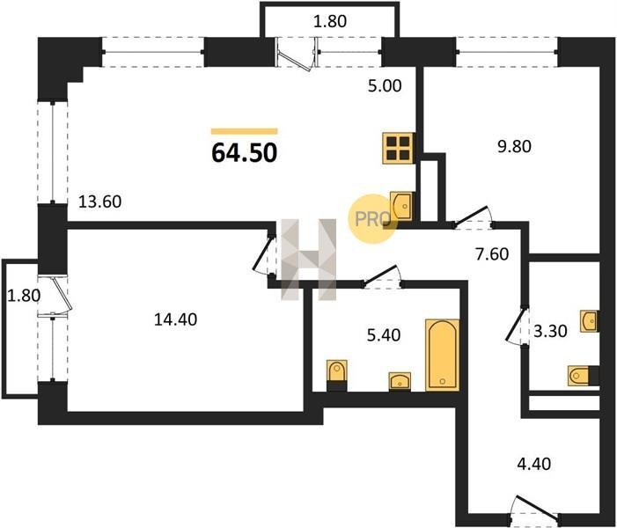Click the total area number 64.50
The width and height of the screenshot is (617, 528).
click(245, 152)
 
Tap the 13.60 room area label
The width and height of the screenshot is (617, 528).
click(100, 202)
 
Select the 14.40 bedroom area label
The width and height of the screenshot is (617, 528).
click(175, 319)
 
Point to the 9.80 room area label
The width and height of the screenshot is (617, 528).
click(514, 146)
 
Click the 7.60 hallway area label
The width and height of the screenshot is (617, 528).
click(492, 253)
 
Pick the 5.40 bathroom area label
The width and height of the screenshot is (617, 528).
click(384, 335)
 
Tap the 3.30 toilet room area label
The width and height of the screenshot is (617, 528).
click(550, 331)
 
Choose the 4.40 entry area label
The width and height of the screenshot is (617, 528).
click(533, 464)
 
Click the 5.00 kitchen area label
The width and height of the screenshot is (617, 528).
click(385, 85)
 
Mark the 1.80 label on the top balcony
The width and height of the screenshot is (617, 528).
click(330, 21)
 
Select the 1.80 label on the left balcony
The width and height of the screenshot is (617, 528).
click(24, 296)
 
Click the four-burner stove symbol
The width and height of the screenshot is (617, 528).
click(398, 148)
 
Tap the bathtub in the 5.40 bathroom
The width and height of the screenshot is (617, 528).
click(443, 355)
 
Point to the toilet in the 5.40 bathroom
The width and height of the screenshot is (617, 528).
click(337, 375)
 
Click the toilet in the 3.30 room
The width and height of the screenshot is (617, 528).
click(584, 376)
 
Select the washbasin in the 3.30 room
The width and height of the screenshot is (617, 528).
click(590, 321)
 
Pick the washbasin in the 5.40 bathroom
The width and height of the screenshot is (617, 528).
click(400, 382)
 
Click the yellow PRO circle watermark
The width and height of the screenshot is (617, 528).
click(373, 219)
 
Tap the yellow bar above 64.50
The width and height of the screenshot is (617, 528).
click(245, 131)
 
